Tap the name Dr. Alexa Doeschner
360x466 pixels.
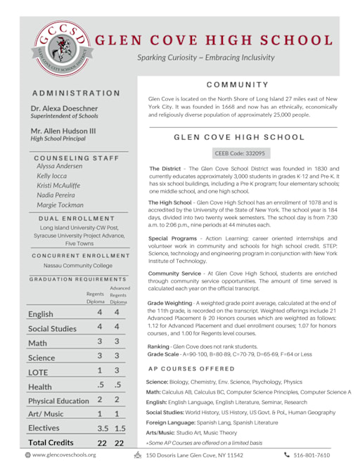click(64, 109)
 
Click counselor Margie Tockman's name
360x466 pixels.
click(60, 205)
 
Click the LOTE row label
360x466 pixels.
click(38, 372)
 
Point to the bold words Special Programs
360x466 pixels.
click(172, 239)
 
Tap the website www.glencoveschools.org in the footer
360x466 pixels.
click(63, 455)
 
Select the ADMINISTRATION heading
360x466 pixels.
click(75, 93)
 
